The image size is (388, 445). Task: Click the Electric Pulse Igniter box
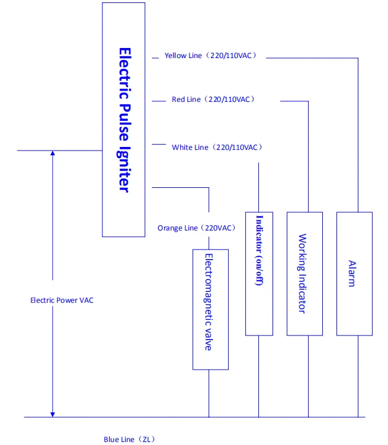[x=123, y=119]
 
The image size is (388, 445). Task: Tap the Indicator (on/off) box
[x=258, y=273]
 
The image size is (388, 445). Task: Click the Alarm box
[x=354, y=273]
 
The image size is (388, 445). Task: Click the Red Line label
[x=213, y=100]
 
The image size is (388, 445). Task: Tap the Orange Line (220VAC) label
[x=196, y=228]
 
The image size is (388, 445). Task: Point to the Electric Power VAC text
[x=62, y=300]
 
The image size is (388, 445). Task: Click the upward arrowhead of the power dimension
[x=53, y=154]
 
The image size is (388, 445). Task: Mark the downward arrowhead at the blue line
[x=53, y=413]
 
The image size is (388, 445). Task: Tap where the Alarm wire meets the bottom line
[x=358, y=417]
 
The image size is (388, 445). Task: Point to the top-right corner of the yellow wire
[x=358, y=57]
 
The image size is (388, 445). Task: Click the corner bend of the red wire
[x=308, y=101]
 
